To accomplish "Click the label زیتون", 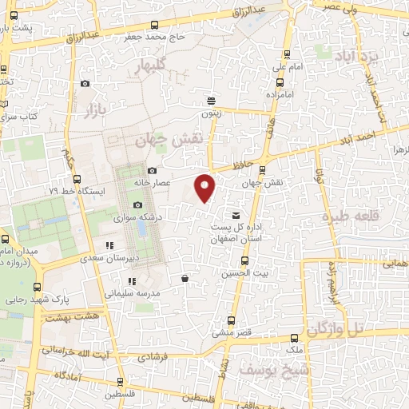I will [x=211, y=114].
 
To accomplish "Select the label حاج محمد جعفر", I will [x=154, y=37].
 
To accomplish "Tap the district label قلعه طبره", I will [x=347, y=217].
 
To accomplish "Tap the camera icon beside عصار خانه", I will [x=153, y=170].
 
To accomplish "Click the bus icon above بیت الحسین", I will [x=244, y=259].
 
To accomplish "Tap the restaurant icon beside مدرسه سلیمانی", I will [x=132, y=281].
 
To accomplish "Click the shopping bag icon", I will [x=185, y=279].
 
